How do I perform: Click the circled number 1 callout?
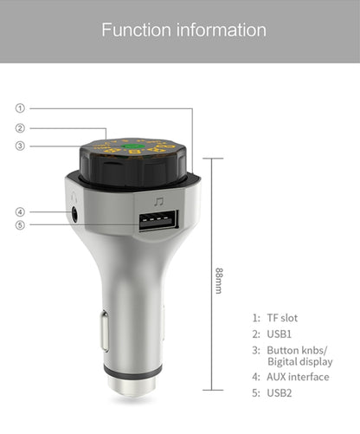20,108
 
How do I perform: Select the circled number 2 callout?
20,128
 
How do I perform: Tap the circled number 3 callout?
20,146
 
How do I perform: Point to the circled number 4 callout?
20,212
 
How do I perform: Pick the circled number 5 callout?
20,225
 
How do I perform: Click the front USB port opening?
158,220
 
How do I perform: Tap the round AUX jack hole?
74,214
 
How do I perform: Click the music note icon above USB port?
158,202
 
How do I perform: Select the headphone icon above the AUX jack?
74,198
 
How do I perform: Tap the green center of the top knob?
133,146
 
